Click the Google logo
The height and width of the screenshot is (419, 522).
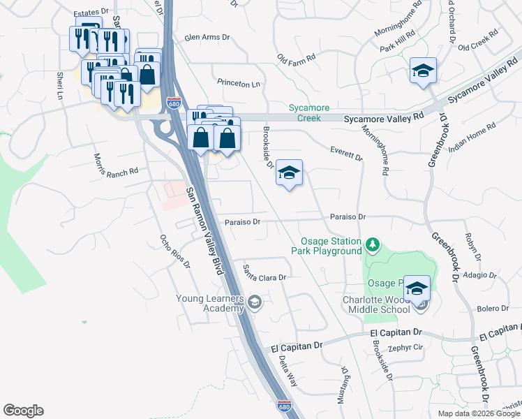click(x=23, y=411)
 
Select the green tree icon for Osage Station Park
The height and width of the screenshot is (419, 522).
click(x=373, y=244)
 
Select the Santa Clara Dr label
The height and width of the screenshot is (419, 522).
click(x=264, y=272)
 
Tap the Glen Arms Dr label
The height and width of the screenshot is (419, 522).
click(x=207, y=38)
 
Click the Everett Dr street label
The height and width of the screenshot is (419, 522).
click(x=347, y=154)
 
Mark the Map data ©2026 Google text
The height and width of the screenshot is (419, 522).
click(x=479, y=413)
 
